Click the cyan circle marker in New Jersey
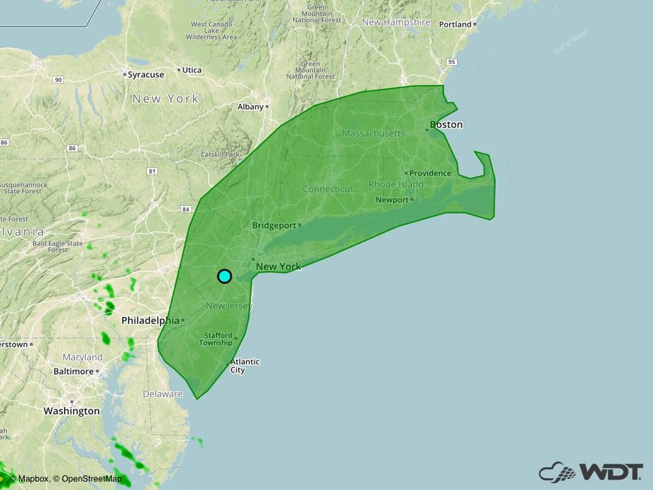pyautogui.click(x=224, y=276)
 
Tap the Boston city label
pyautogui.click(x=446, y=125)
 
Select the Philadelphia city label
pyautogui.click(x=150, y=320)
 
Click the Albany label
pyautogui.click(x=250, y=107)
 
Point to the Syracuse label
pyautogui.click(x=146, y=74)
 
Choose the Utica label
pyautogui.click(x=192, y=70)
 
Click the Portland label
pyautogui.click(x=455, y=24)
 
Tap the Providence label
pyautogui.click(x=430, y=173)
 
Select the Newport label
pyautogui.click(x=392, y=200)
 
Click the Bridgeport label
pyautogui.click(x=274, y=225)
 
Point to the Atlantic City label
pyautogui.click(x=245, y=366)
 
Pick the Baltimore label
pyautogui.click(x=73, y=371)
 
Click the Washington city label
pyautogui.click(x=72, y=411)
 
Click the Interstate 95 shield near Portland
pyautogui.click(x=452, y=63)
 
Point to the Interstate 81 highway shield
pyautogui.click(x=152, y=171)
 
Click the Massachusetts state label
pyautogui.click(x=373, y=133)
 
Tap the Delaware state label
pyautogui.click(x=162, y=394)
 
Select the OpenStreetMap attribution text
pyautogui.click(x=91, y=479)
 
